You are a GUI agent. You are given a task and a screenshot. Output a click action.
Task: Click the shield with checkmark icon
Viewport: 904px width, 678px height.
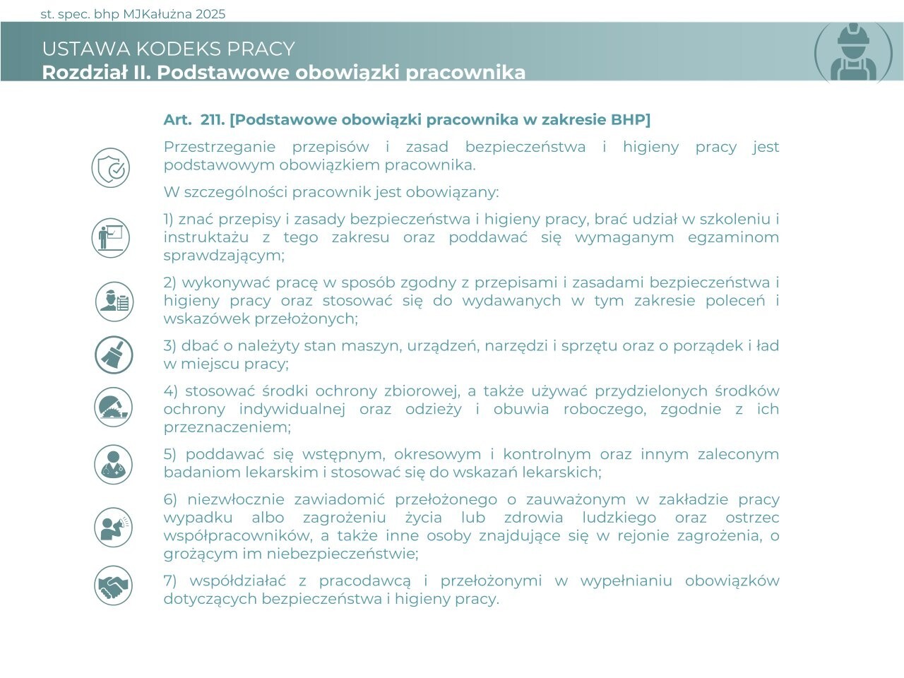coord(111,168)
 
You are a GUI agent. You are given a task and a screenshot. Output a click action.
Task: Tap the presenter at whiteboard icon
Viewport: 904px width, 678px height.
coord(111,237)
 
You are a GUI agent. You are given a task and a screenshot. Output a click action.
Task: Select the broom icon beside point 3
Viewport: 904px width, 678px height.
coord(114,355)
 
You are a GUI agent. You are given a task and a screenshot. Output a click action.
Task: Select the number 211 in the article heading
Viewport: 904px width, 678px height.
coord(211,119)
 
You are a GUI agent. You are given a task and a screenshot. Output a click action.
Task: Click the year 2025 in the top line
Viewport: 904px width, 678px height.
coord(210,14)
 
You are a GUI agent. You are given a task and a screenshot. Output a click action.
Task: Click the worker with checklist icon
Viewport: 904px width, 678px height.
coord(114,301)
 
